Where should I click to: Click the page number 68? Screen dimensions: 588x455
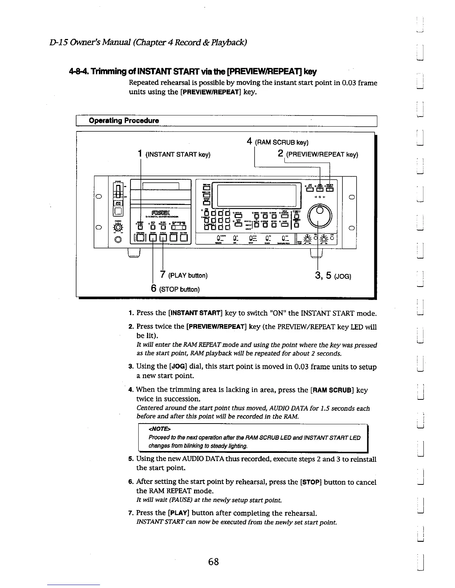[x=213, y=562]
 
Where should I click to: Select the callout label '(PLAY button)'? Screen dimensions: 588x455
[x=188, y=275]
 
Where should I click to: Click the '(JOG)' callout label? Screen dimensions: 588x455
[x=342, y=276]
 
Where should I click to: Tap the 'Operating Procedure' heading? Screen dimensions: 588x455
[x=124, y=121]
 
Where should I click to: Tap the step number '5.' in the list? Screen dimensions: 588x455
[x=130, y=459]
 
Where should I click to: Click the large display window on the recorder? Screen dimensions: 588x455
[x=256, y=195]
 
